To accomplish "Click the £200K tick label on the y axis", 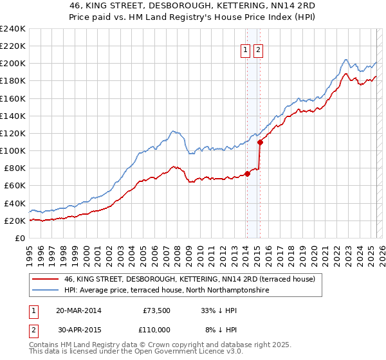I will [13, 64].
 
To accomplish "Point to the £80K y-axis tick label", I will [15, 168].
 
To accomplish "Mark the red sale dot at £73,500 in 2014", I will [247, 174].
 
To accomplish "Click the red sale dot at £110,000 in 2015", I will [260, 142].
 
